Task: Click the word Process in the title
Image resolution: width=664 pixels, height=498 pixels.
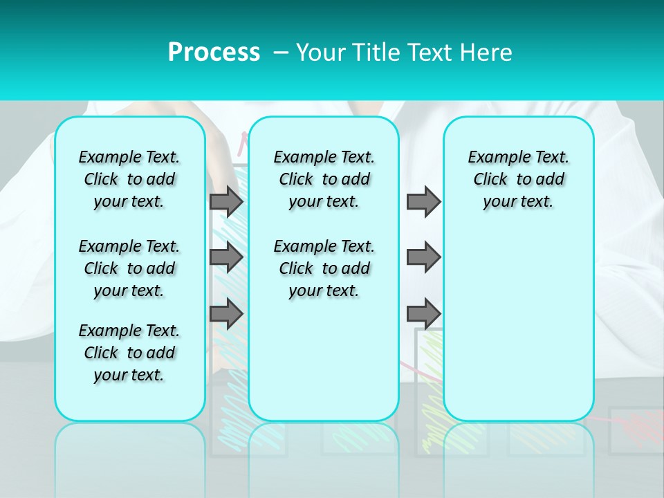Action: click(214, 52)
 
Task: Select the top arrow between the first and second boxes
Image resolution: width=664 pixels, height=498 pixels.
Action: click(226, 201)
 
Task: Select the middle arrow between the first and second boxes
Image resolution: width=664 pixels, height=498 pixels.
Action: click(226, 257)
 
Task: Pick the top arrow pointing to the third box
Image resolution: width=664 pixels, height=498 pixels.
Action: click(423, 201)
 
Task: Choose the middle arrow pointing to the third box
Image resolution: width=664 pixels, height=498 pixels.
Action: click(423, 257)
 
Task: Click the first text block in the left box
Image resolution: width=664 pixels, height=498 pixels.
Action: click(129, 179)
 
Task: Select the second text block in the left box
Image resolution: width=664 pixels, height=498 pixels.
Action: click(129, 268)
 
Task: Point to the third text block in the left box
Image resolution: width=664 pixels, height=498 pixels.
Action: click(129, 353)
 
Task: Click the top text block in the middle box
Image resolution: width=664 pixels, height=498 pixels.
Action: click(324, 179)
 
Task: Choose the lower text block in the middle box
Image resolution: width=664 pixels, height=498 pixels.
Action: click(324, 268)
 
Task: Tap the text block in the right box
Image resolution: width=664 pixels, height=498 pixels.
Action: click(518, 179)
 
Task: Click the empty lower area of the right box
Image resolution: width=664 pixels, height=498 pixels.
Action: click(518, 332)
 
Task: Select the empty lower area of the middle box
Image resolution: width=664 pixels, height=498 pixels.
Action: click(324, 360)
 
